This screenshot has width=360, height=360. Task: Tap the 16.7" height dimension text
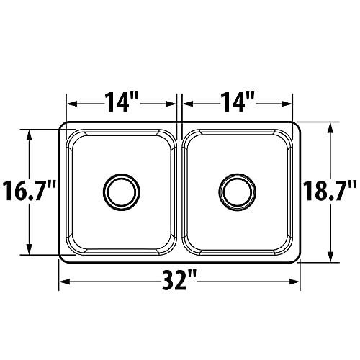29,192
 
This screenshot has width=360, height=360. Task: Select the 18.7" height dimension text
330,192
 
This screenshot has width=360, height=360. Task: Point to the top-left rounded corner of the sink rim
63,126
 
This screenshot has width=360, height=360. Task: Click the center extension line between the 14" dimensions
179,108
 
